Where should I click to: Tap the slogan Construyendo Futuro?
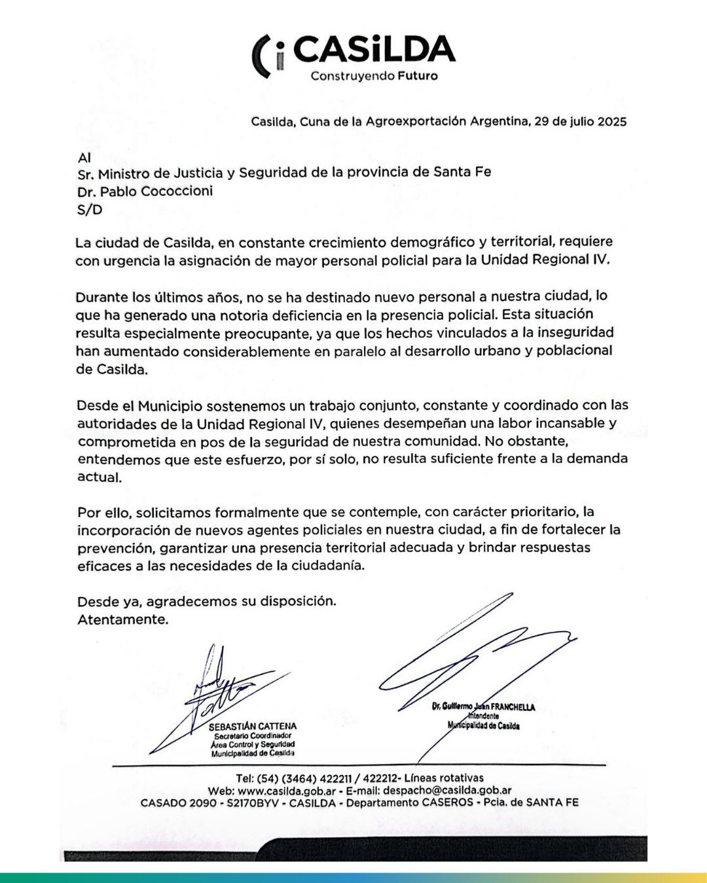pyautogui.click(x=374, y=76)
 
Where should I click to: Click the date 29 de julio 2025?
pyautogui.click(x=581, y=122)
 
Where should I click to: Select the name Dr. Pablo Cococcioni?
pyautogui.click(x=145, y=191)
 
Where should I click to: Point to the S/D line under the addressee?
pyautogui.click(x=90, y=210)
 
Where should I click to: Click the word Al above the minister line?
pyautogui.click(x=84, y=158)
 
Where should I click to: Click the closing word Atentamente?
pyautogui.click(x=122, y=619)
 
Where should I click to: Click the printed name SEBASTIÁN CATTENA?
pyautogui.click(x=252, y=726)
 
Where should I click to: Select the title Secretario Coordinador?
pyautogui.click(x=252, y=736)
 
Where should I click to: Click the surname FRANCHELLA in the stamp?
pyautogui.click(x=513, y=707)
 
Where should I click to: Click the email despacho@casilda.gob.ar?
pyautogui.click(x=448, y=790)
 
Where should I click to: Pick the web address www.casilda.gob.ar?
pyautogui.click(x=287, y=790)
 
